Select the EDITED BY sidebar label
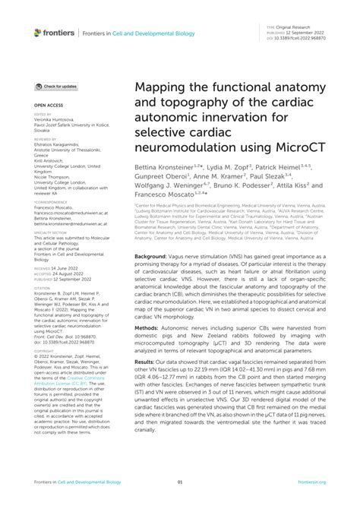[44, 115]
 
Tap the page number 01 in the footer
[180, 482]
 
